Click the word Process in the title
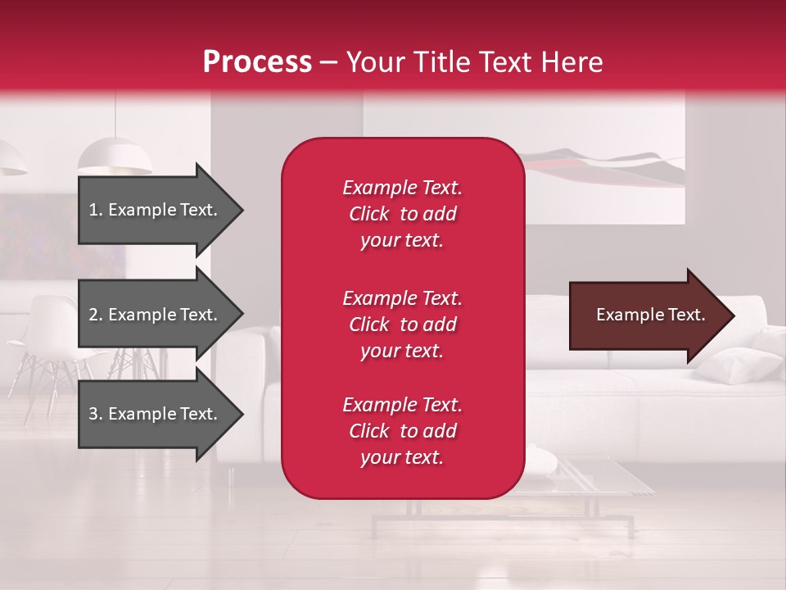[257, 62]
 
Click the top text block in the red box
[402, 214]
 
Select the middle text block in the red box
[402, 324]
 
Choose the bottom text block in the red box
[402, 431]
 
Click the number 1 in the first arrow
[93, 210]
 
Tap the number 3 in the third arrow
[93, 414]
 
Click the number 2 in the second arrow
[93, 315]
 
